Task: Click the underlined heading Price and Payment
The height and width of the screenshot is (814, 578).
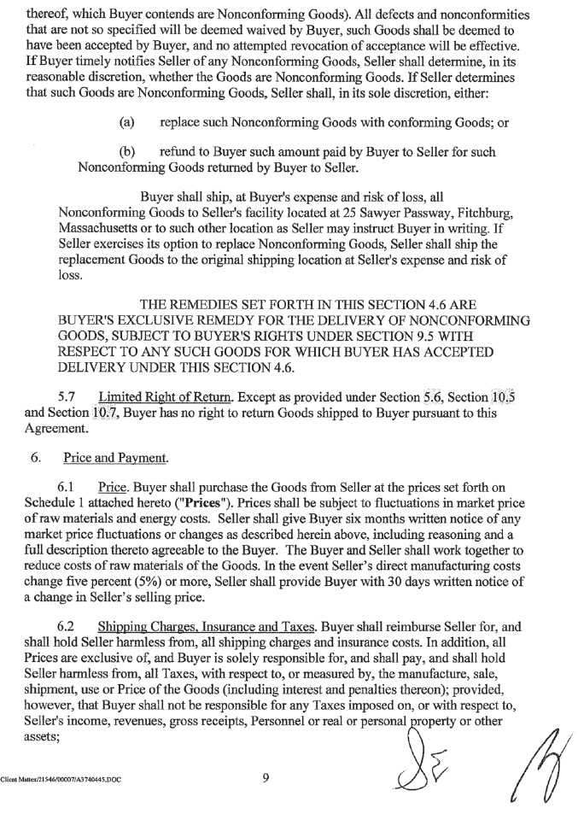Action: (115, 458)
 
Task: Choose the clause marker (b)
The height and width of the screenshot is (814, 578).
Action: (127, 152)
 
